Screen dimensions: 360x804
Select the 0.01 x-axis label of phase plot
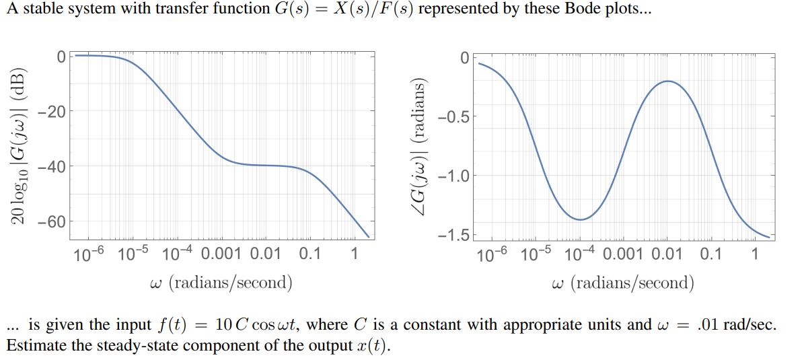pos(659,254)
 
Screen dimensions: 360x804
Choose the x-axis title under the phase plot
pos(622,282)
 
